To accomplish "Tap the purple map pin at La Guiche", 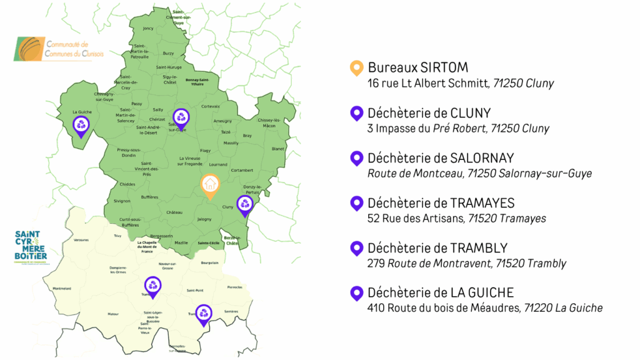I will click(x=82, y=124).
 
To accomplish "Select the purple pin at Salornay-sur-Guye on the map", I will click(x=181, y=117).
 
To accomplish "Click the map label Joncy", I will click(x=148, y=28).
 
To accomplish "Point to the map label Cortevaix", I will click(x=211, y=106).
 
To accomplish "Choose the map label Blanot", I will click(x=278, y=149).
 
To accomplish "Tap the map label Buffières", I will click(x=150, y=197).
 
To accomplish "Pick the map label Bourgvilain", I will click(x=210, y=263).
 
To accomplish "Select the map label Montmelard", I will click(x=62, y=288).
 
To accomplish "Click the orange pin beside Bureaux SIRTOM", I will click(x=356, y=67).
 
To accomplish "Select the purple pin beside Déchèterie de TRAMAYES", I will click(x=356, y=202).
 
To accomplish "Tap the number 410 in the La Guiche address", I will click(x=376, y=307).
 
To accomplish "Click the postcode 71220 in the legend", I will click(x=537, y=307).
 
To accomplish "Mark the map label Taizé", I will click(x=226, y=132).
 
